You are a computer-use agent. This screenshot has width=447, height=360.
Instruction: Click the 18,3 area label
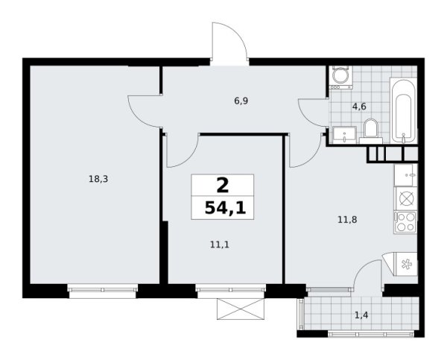pos(98,180)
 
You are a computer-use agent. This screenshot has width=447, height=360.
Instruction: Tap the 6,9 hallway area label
pos(241,101)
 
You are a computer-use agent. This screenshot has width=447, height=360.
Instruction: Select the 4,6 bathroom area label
pos(359,107)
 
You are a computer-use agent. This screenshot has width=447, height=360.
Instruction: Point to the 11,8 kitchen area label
pos(347,220)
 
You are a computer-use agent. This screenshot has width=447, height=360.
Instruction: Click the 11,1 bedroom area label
pos(220,244)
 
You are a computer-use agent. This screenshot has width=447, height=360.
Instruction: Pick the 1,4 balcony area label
pos(361,315)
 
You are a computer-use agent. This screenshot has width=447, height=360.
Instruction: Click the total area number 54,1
pos(225,208)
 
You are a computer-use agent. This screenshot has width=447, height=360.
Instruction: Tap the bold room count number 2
pos(223,186)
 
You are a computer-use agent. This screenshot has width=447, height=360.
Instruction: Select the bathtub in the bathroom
pos(403,110)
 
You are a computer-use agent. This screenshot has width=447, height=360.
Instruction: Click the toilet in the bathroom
pos(371,131)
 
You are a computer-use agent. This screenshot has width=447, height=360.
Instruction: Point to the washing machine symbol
pos(340,78)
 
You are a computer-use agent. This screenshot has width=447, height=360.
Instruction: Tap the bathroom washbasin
pos(344,135)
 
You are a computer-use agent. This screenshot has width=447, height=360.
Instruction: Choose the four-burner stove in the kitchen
pos(405,222)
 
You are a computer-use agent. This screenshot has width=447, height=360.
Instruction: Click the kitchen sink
pos(405,175)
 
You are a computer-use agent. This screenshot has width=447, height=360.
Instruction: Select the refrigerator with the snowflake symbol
pos(405,264)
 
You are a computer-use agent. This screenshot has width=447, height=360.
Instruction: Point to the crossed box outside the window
pos(241,309)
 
